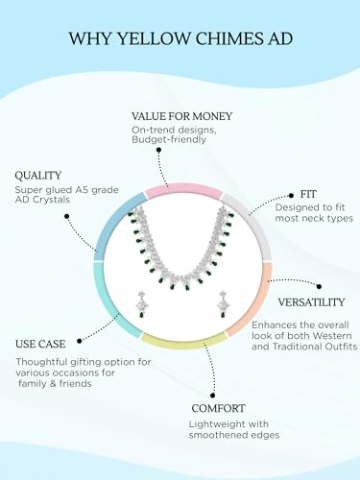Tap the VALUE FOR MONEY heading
[x=182, y=116]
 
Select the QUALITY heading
[x=37, y=176]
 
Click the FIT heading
[x=308, y=194]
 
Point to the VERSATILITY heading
[x=311, y=302]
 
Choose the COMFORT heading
[x=219, y=408]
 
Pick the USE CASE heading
[x=40, y=344]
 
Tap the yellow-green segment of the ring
[x=183, y=341]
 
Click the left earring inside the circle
[x=141, y=303]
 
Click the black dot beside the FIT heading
[x=291, y=195]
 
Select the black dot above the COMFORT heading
[x=212, y=396]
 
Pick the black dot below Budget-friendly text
[x=158, y=150]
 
